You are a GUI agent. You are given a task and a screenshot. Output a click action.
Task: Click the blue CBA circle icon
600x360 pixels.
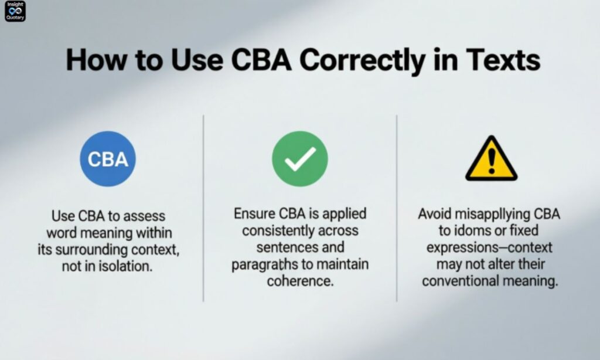(108, 159)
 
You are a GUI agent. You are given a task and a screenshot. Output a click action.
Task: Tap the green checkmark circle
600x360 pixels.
(300, 159)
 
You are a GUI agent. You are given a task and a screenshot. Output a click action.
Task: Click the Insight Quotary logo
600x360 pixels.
(15, 12)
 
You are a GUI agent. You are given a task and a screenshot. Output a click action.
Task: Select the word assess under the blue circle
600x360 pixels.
(144, 216)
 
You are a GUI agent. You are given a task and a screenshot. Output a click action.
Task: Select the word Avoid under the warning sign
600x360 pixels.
(435, 214)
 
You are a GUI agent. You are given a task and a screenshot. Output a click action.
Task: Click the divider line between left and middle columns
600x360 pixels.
(203, 208)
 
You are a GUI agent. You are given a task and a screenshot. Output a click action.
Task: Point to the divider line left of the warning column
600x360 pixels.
(397, 208)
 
